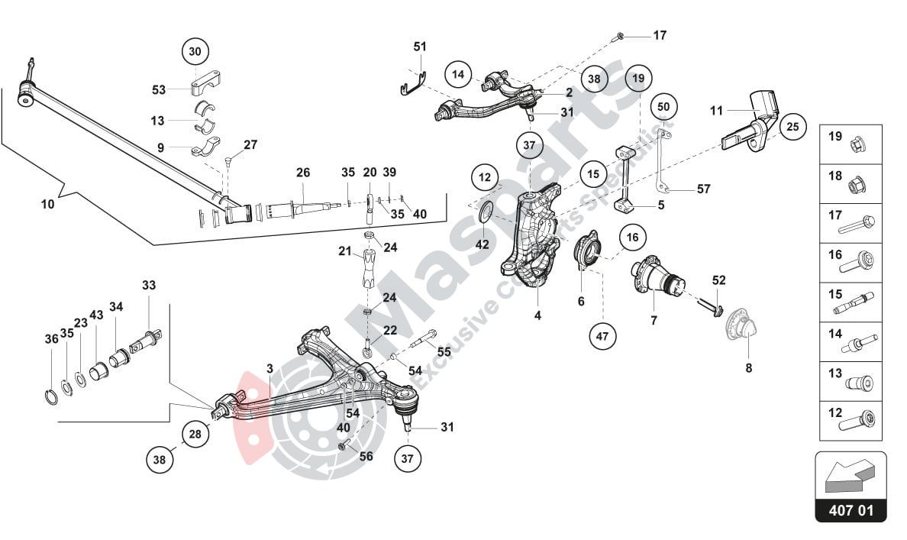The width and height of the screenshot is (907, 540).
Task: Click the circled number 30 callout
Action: click(x=195, y=52)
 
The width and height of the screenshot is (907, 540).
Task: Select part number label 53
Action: click(x=159, y=90)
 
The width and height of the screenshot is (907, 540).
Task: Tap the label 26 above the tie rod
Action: click(x=303, y=173)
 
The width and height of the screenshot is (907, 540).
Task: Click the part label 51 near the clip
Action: click(x=420, y=47)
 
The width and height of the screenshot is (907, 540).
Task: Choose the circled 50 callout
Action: click(x=663, y=106)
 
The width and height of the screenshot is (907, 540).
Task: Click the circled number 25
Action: click(x=792, y=127)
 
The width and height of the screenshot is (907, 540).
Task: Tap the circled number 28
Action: click(x=195, y=435)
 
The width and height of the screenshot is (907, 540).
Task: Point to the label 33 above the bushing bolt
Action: click(x=148, y=285)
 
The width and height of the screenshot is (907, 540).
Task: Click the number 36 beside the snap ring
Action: click(x=51, y=339)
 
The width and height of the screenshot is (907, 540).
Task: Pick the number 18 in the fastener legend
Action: click(x=835, y=176)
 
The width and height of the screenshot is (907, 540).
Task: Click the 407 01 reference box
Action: click(x=851, y=511)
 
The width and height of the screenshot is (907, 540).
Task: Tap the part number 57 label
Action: click(x=703, y=188)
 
